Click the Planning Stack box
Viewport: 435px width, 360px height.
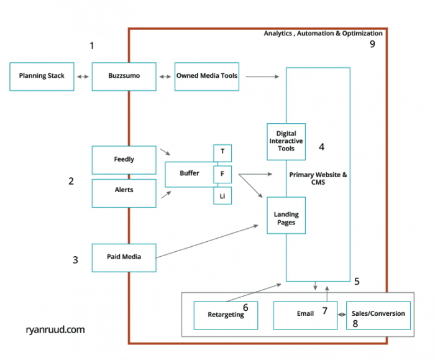click(42, 76)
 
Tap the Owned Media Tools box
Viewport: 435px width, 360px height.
click(206, 76)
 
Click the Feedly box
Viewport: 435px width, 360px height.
click(124, 160)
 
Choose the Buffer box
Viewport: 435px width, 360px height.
click(190, 173)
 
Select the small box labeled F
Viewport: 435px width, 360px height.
click(222, 174)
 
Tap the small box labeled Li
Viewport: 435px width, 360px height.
click(222, 195)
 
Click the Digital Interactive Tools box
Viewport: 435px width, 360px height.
click(286, 141)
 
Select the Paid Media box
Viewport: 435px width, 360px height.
click(124, 257)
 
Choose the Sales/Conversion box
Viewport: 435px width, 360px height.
click(378, 314)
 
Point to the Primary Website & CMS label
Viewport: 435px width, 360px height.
click(318, 179)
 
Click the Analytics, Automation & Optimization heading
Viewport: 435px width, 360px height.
click(323, 34)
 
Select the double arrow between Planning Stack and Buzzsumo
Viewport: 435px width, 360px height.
click(82, 76)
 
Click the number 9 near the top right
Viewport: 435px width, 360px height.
click(372, 45)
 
